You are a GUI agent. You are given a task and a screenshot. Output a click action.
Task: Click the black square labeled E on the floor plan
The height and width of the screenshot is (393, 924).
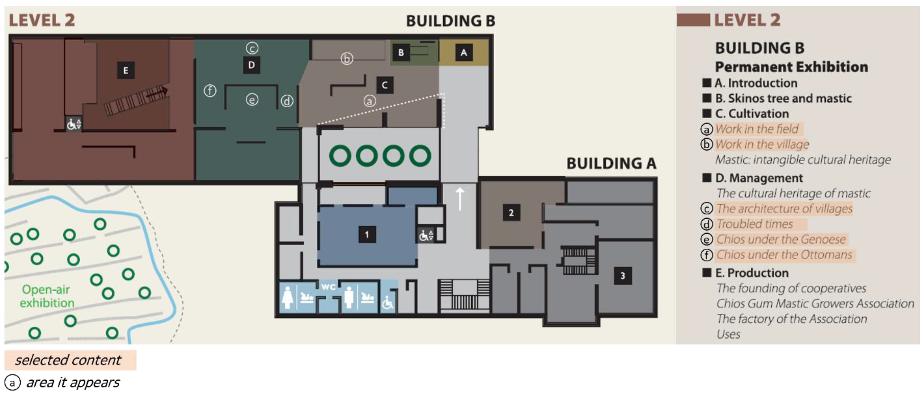tap(126, 70)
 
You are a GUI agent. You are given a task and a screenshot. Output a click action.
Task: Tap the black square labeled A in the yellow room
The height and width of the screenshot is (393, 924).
tap(464, 53)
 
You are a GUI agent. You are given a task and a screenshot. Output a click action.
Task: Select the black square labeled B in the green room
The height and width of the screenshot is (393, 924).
tap(401, 53)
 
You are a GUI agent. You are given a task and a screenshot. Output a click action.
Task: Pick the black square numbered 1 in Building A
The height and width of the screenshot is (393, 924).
tap(367, 235)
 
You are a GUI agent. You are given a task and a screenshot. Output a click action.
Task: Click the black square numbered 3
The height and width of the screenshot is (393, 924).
tap(623, 276)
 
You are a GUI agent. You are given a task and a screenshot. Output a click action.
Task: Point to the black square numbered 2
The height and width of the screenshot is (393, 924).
tap(511, 213)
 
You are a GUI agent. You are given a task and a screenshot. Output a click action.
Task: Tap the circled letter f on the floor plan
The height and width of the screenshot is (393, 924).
tap(210, 91)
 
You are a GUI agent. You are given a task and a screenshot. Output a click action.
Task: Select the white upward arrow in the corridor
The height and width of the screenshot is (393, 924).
tap(460, 199)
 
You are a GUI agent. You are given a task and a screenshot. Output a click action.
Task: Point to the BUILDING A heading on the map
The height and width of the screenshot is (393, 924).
tap(612, 163)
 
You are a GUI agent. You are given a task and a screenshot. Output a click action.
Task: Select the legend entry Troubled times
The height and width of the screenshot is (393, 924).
tap(755, 224)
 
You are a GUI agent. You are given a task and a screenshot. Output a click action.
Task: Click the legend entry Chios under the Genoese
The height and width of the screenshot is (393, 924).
tap(781, 239)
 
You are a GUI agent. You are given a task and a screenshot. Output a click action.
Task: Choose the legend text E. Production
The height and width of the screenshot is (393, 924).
tap(752, 273)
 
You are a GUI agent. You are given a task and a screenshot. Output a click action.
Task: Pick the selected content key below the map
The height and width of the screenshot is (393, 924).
tap(68, 360)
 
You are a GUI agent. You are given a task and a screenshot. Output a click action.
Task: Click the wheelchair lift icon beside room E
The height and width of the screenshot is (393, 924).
tap(74, 124)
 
